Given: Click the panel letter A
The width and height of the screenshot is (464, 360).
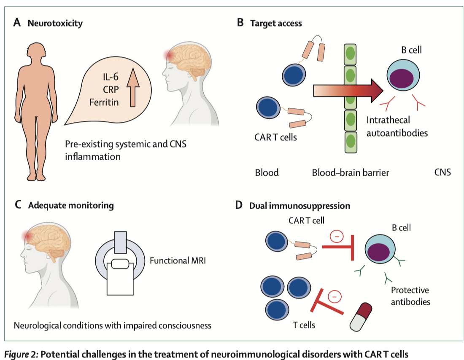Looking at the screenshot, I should pyautogui.click(x=17, y=22).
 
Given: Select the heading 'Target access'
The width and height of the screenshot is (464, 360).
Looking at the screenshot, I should pyautogui.click(x=276, y=23).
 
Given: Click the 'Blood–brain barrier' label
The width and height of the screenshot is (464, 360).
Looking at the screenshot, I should pyautogui.click(x=351, y=172).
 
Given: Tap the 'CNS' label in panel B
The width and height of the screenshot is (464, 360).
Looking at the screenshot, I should pyautogui.click(x=442, y=172).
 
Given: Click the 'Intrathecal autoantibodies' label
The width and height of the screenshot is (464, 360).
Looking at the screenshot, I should pyautogui.click(x=397, y=126).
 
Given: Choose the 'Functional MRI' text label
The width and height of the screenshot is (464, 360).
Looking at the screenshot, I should pyautogui.click(x=178, y=261).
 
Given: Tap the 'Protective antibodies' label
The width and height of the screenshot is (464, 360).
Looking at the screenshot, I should pyautogui.click(x=410, y=296).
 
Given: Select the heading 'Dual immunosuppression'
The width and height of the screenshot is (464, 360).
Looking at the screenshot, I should pyautogui.click(x=299, y=206).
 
